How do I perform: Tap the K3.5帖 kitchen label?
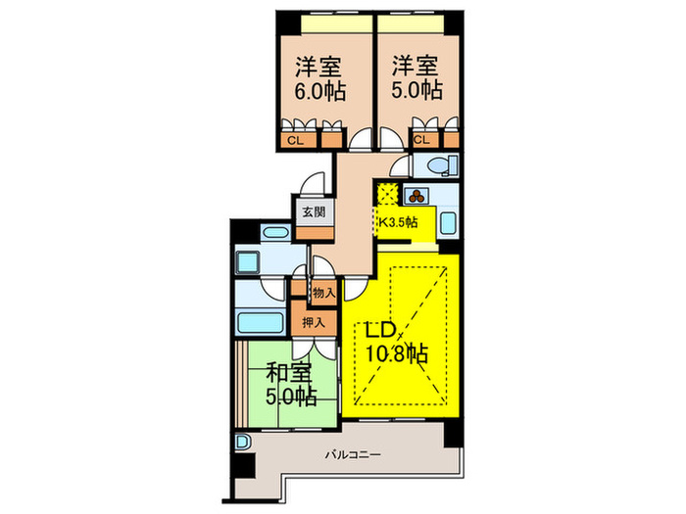(398, 222)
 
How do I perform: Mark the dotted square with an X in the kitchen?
(387, 193)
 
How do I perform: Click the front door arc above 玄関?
(314, 185)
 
